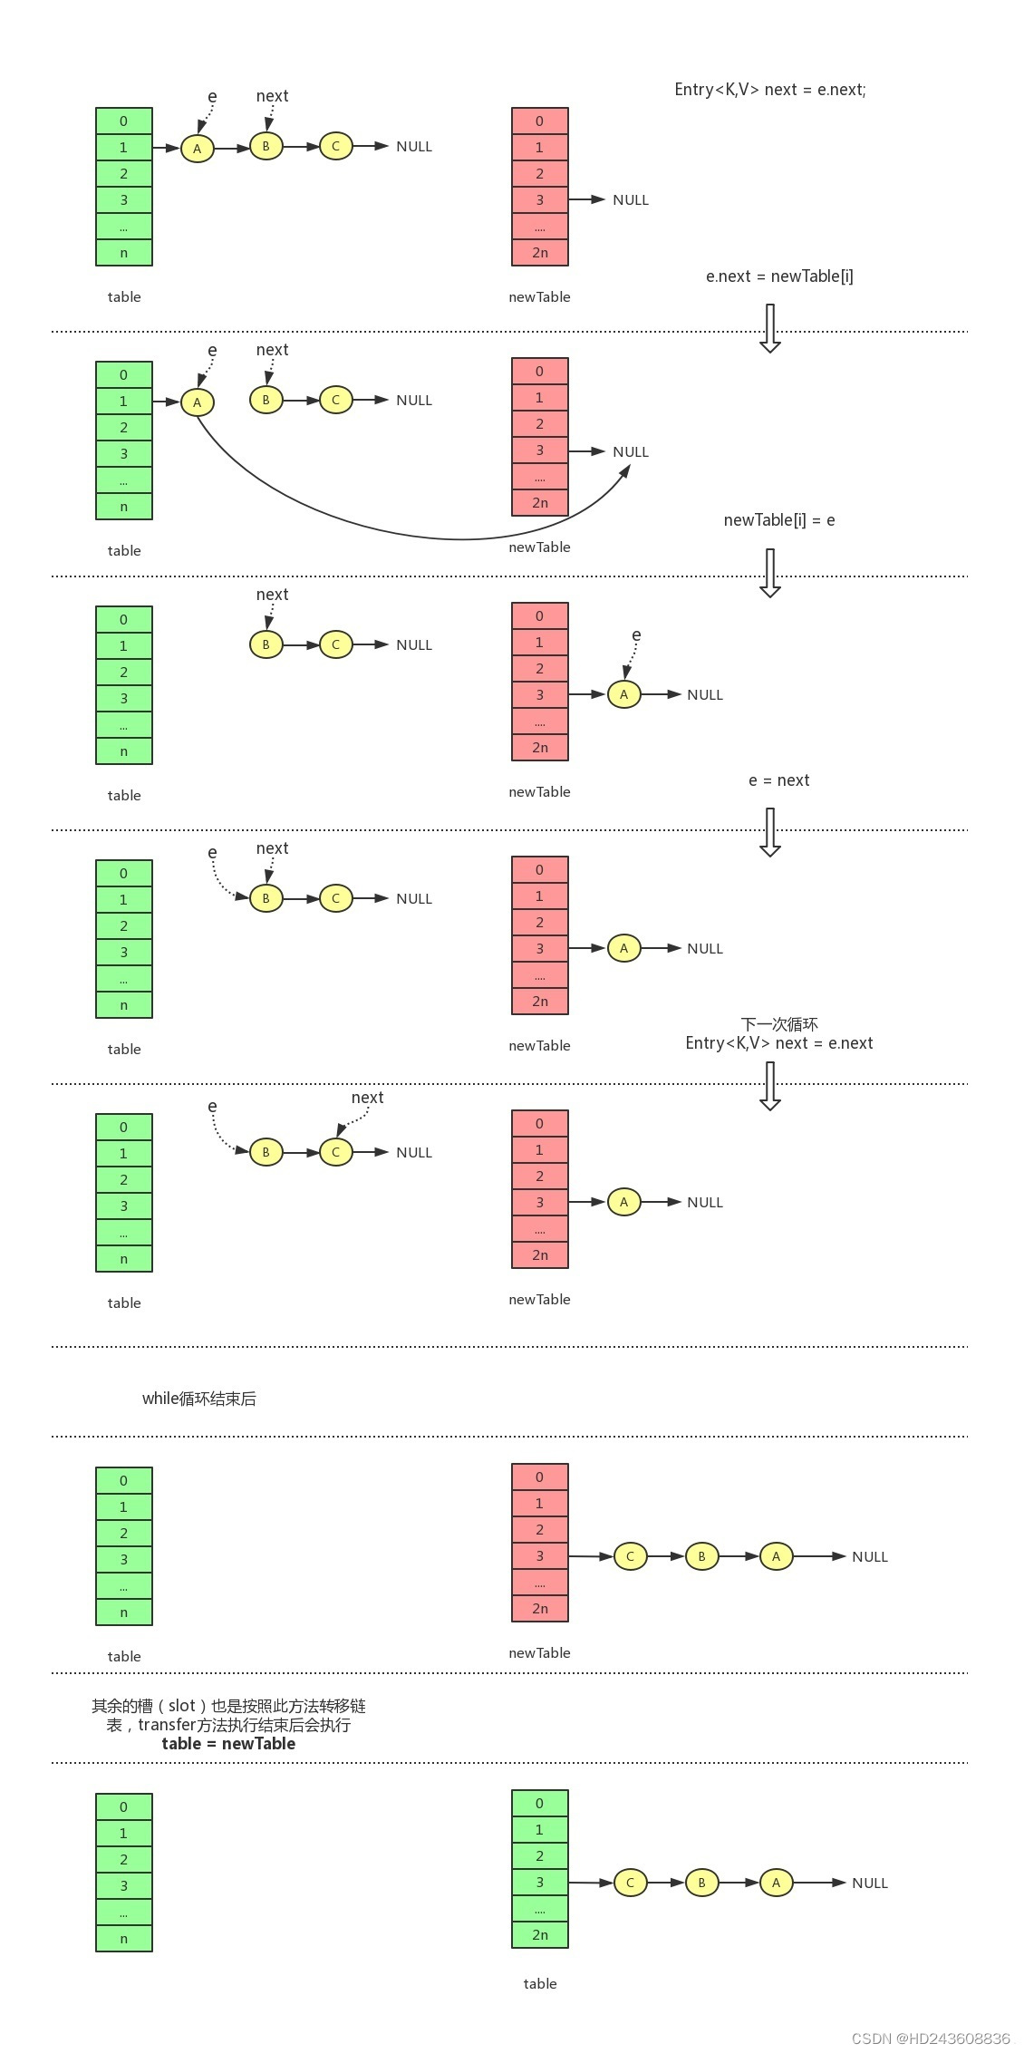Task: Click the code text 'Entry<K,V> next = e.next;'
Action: pyautogui.click(x=769, y=89)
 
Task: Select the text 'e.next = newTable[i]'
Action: pyautogui.click(x=779, y=276)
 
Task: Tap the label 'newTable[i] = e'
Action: pyautogui.click(x=778, y=519)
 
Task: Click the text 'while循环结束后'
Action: pyautogui.click(x=198, y=1398)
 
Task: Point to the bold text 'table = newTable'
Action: pyautogui.click(x=228, y=1743)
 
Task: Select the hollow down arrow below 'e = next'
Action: pyautogui.click(x=770, y=831)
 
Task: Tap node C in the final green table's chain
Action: pyautogui.click(x=630, y=1883)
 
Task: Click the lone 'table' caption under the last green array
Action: pyautogui.click(x=539, y=1983)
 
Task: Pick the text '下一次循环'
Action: pyautogui.click(x=778, y=1023)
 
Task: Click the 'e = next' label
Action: pyautogui.click(x=778, y=780)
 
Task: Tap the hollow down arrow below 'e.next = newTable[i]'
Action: pyautogui.click(x=770, y=327)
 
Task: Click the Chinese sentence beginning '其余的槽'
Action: pyautogui.click(x=228, y=1705)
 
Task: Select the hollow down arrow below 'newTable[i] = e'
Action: pyautogui.click(x=770, y=572)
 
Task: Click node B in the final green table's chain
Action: pyautogui.click(x=701, y=1883)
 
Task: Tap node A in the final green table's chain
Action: pyautogui.click(x=776, y=1883)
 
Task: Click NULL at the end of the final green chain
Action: pyautogui.click(x=869, y=1883)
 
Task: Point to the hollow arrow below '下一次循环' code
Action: pyautogui.click(x=770, y=1085)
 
